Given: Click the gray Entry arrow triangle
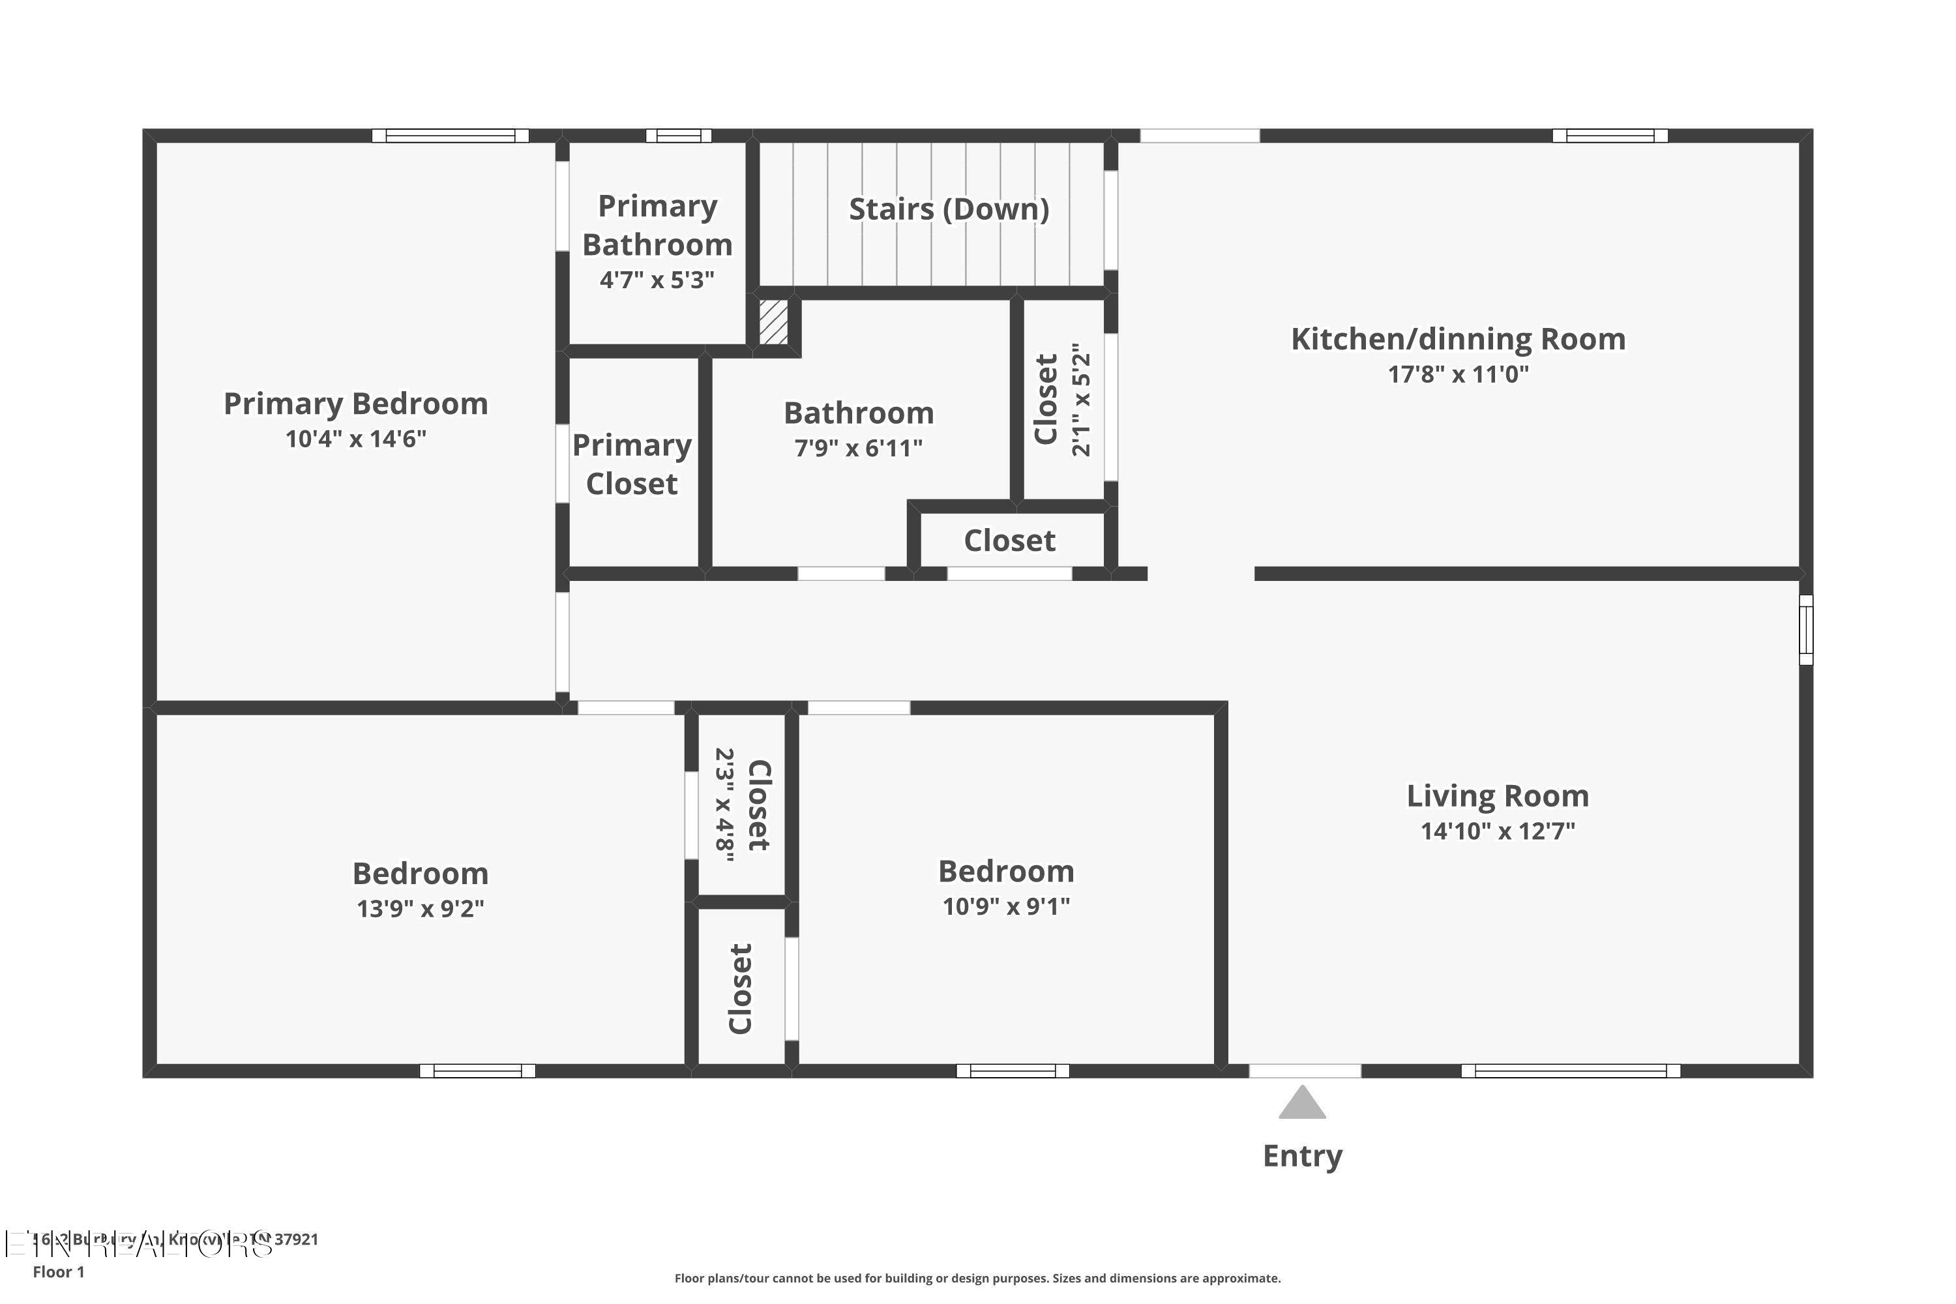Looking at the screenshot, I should [x=1301, y=1104].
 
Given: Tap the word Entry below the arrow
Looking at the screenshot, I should [x=1302, y=1156].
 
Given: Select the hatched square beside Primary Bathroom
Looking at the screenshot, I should [x=773, y=323].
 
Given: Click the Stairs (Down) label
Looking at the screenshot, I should [x=948, y=209].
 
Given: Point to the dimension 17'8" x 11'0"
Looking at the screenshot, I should [x=1458, y=374].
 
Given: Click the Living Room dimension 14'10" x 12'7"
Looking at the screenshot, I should [x=1497, y=831].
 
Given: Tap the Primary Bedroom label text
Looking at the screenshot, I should [x=355, y=404].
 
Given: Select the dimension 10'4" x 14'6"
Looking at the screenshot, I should [x=355, y=439].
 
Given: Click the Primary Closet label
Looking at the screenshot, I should [x=632, y=464].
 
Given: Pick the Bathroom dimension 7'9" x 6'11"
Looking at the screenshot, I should [x=858, y=449].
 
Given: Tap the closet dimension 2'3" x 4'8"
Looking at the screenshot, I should [x=725, y=805].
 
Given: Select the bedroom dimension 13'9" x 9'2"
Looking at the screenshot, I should [x=420, y=909].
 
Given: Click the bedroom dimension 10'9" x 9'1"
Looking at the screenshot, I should [x=1005, y=906].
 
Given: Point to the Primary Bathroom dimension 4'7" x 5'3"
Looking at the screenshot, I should [x=657, y=280].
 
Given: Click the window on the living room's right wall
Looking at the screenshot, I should [x=1805, y=630].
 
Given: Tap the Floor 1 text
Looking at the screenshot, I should [x=58, y=1271].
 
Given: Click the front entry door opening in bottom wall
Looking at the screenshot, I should [x=1304, y=1071].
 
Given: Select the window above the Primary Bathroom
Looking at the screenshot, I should [x=679, y=136].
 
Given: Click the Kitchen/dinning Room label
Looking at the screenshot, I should [x=1458, y=339].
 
